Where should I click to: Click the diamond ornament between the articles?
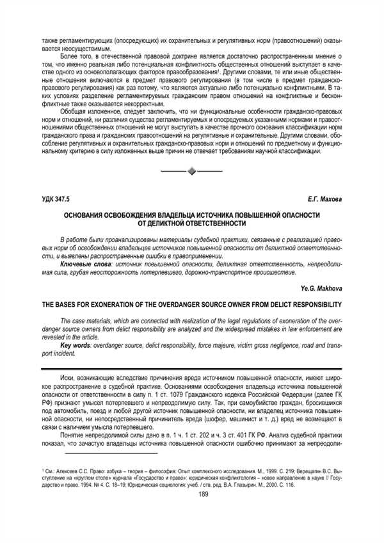click(191, 171)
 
